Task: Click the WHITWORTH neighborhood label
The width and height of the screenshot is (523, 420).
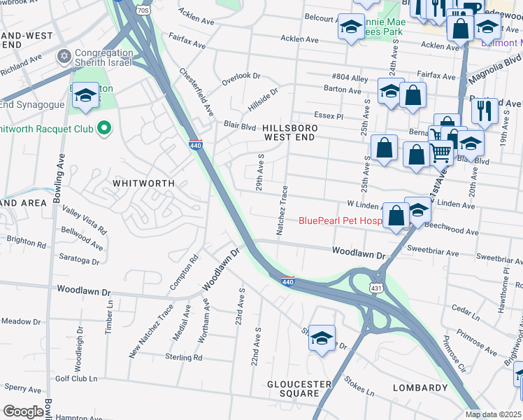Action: [x=143, y=182]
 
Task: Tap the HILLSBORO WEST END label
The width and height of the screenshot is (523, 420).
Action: [x=290, y=133]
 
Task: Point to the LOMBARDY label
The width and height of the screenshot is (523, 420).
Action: [x=420, y=388]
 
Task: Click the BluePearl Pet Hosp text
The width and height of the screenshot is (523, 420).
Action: [x=341, y=220]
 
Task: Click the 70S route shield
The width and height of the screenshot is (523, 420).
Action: [x=143, y=11]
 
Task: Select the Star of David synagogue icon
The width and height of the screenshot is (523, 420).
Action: [x=64, y=55]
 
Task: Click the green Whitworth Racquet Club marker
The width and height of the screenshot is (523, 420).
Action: [x=104, y=127]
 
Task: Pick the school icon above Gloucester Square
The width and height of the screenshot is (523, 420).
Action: [x=322, y=337]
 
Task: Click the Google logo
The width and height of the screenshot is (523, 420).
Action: [x=23, y=412]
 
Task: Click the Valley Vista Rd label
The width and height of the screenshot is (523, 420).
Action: [x=85, y=219]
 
